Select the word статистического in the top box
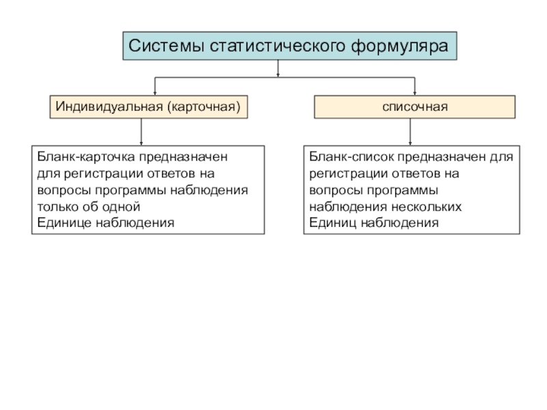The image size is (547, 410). click(x=278, y=46)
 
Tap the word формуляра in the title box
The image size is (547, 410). click(x=399, y=46)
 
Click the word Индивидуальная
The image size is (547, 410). click(x=109, y=107)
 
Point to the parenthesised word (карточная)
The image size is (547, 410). click(x=204, y=107)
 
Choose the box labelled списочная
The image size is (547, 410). click(x=415, y=107)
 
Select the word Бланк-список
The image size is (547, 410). click(x=351, y=157)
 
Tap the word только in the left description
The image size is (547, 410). click(x=57, y=207)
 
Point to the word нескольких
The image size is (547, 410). click(x=426, y=207)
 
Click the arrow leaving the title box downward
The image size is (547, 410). click(x=278, y=68)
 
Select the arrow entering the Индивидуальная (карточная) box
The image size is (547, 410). click(x=155, y=86)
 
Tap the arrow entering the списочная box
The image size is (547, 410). click(x=415, y=86)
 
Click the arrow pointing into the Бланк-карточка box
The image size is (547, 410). click(x=142, y=132)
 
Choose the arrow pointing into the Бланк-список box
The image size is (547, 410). click(x=410, y=132)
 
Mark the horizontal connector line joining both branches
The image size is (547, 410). click(x=284, y=77)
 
